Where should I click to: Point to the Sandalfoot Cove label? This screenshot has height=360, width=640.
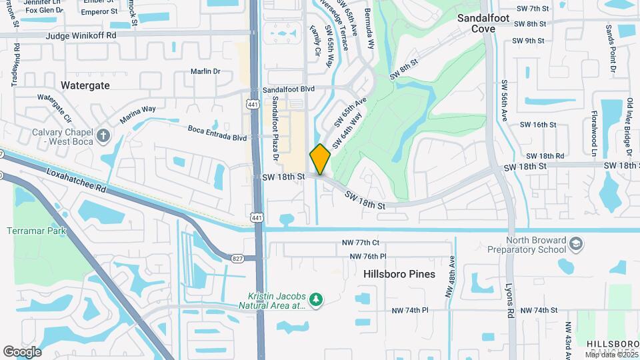pyautogui.click(x=484, y=24)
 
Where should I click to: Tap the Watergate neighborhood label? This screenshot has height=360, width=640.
pyautogui.click(x=85, y=85)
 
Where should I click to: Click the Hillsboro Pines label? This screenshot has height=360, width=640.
pyautogui.click(x=399, y=274)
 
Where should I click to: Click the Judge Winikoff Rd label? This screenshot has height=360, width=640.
pyautogui.click(x=81, y=35)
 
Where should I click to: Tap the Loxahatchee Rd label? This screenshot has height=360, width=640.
pyautogui.click(x=77, y=180)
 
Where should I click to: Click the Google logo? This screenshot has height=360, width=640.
pyautogui.click(x=22, y=351)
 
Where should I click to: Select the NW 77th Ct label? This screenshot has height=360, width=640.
pyautogui.click(x=357, y=243)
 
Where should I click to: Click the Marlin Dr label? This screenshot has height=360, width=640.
pyautogui.click(x=205, y=71)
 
